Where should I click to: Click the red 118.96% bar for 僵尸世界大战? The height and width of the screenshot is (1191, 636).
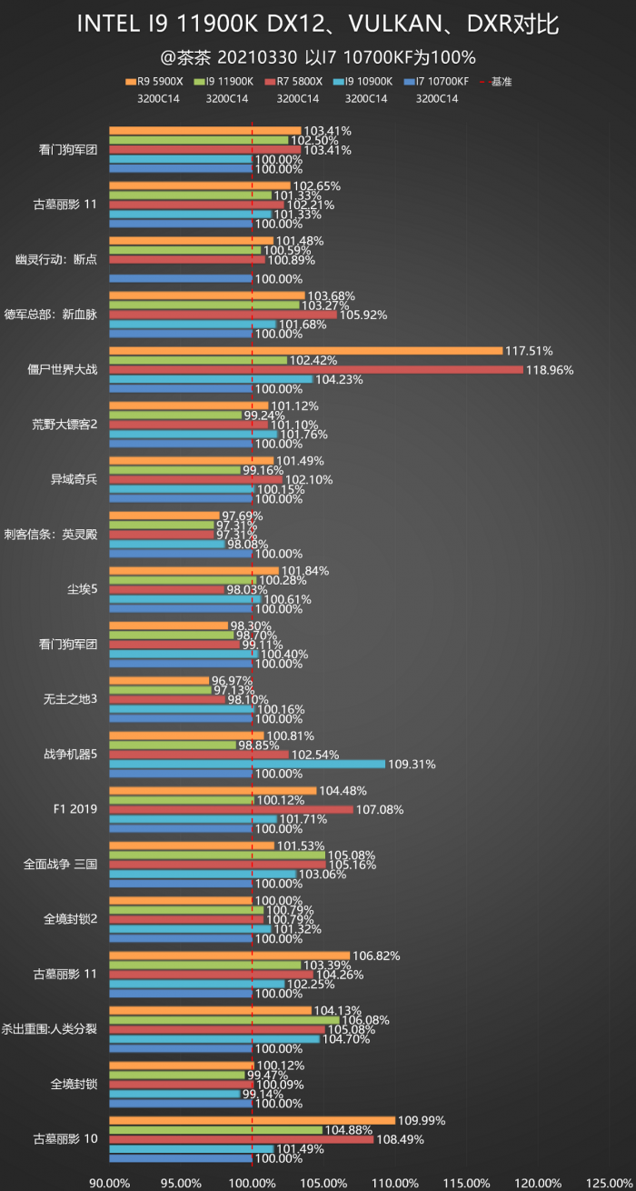(x=316, y=370)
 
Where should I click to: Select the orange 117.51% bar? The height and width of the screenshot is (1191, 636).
(x=305, y=351)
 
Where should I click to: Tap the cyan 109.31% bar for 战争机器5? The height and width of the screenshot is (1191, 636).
(x=247, y=764)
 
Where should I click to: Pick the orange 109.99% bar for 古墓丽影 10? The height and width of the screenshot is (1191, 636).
(x=252, y=1121)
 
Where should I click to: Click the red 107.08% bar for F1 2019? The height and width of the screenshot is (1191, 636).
(x=231, y=809)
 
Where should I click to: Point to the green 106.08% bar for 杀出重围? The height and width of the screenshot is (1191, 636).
(x=224, y=1020)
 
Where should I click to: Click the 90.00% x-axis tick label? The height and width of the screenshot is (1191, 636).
(x=109, y=1183)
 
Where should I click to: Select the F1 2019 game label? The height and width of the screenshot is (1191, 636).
(x=72, y=809)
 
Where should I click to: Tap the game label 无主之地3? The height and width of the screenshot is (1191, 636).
(x=69, y=699)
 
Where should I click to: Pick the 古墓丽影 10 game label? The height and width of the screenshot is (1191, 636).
(x=65, y=1139)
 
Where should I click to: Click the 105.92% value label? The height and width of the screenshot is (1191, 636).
(x=363, y=315)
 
